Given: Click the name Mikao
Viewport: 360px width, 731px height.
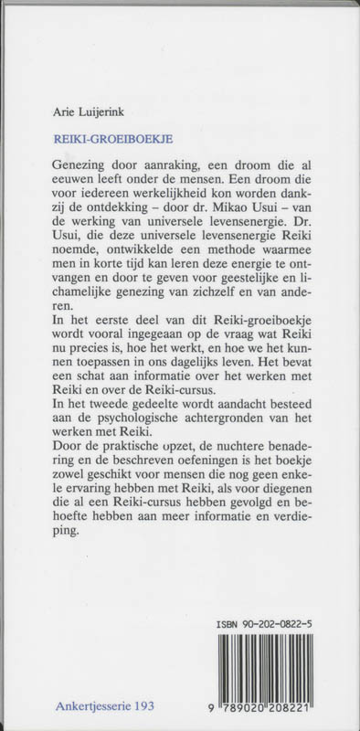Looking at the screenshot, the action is point(234,218).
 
